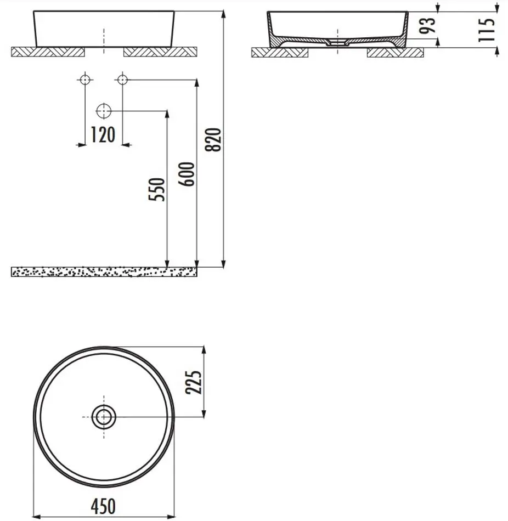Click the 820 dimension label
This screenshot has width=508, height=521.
(x=216, y=139)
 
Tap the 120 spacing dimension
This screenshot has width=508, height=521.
(x=103, y=134)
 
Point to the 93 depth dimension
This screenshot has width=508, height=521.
(x=430, y=26)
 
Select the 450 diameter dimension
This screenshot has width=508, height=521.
(x=103, y=506)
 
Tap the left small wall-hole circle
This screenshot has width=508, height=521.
(x=84, y=80)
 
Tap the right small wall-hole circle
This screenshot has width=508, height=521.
(x=122, y=80)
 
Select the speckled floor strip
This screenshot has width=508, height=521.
(x=104, y=271)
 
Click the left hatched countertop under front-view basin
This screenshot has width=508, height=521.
(x=48, y=52)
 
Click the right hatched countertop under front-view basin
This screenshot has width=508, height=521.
(x=160, y=52)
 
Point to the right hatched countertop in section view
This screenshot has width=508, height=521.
(x=395, y=53)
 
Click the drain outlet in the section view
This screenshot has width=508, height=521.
(x=337, y=42)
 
